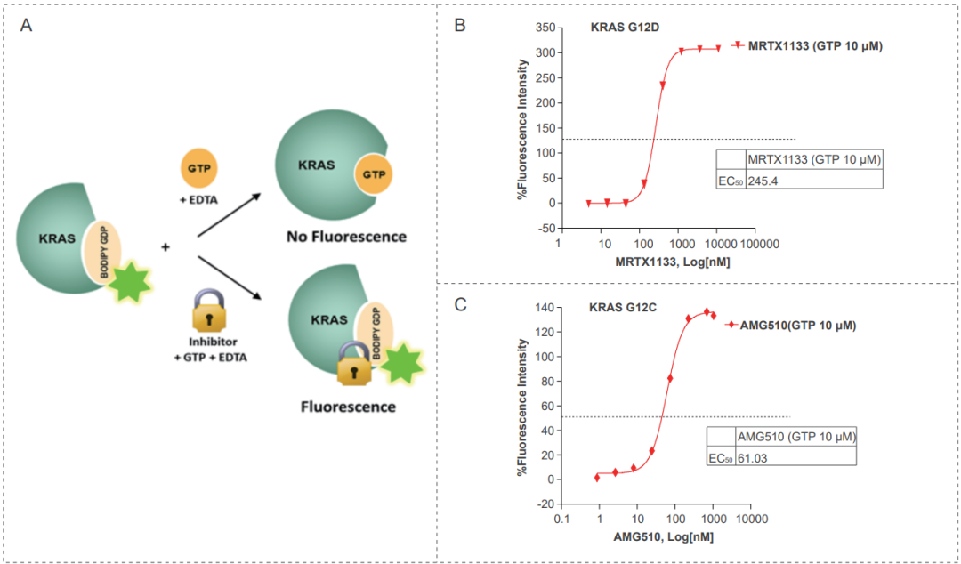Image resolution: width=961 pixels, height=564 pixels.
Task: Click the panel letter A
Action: tap(27, 25)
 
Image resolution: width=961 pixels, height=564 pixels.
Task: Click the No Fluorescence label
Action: tap(346, 237)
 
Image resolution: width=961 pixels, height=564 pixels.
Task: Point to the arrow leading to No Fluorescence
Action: tap(227, 214)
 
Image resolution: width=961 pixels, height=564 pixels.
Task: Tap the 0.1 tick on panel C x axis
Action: tap(561, 520)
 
